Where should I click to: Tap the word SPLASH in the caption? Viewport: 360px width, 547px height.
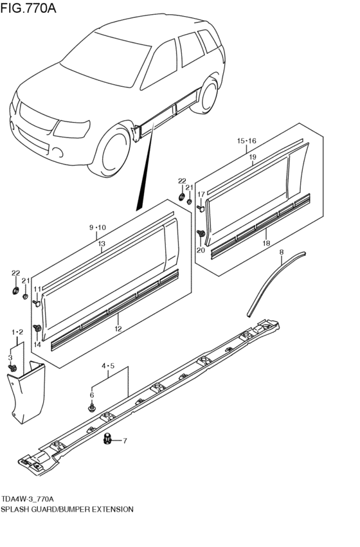click(x=17, y=508)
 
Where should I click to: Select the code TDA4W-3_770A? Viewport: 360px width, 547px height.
click(x=28, y=499)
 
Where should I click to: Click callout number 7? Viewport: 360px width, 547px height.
click(x=125, y=441)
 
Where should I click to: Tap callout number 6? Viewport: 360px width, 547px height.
click(x=92, y=395)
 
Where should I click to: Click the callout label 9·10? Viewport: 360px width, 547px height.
click(x=97, y=228)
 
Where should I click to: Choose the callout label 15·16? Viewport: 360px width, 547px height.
click(x=246, y=140)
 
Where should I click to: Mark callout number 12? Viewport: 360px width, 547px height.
click(x=118, y=328)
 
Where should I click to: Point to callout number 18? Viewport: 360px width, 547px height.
click(x=265, y=244)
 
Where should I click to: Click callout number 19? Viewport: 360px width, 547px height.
click(x=253, y=156)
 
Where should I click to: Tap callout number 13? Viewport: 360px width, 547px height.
click(x=102, y=244)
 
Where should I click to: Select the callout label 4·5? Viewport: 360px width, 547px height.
click(x=107, y=367)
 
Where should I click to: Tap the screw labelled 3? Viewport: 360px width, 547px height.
click(x=12, y=368)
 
